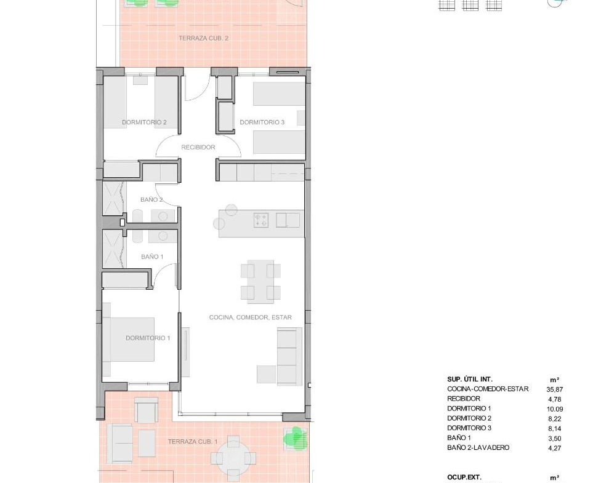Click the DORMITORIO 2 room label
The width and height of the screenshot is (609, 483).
144,122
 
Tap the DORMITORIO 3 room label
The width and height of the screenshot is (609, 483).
262,122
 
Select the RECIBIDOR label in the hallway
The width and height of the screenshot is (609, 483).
198,148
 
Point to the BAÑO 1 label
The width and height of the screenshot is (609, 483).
152,257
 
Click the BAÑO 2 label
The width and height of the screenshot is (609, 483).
151,200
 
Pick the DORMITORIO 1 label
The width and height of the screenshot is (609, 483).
148,338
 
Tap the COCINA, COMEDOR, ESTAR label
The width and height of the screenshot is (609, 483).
251,317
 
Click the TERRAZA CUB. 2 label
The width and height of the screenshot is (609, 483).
204,38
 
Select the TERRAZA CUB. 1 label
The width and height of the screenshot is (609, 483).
193,442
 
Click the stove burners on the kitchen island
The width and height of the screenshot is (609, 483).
261,220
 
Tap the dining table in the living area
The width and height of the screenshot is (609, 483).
260,282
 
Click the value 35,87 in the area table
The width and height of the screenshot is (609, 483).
555,389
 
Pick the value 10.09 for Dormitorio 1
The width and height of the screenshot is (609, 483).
555,409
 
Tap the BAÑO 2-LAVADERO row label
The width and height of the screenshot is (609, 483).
478,448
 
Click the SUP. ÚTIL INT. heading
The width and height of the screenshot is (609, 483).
470,380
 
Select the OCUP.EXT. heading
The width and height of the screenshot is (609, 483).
464,477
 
